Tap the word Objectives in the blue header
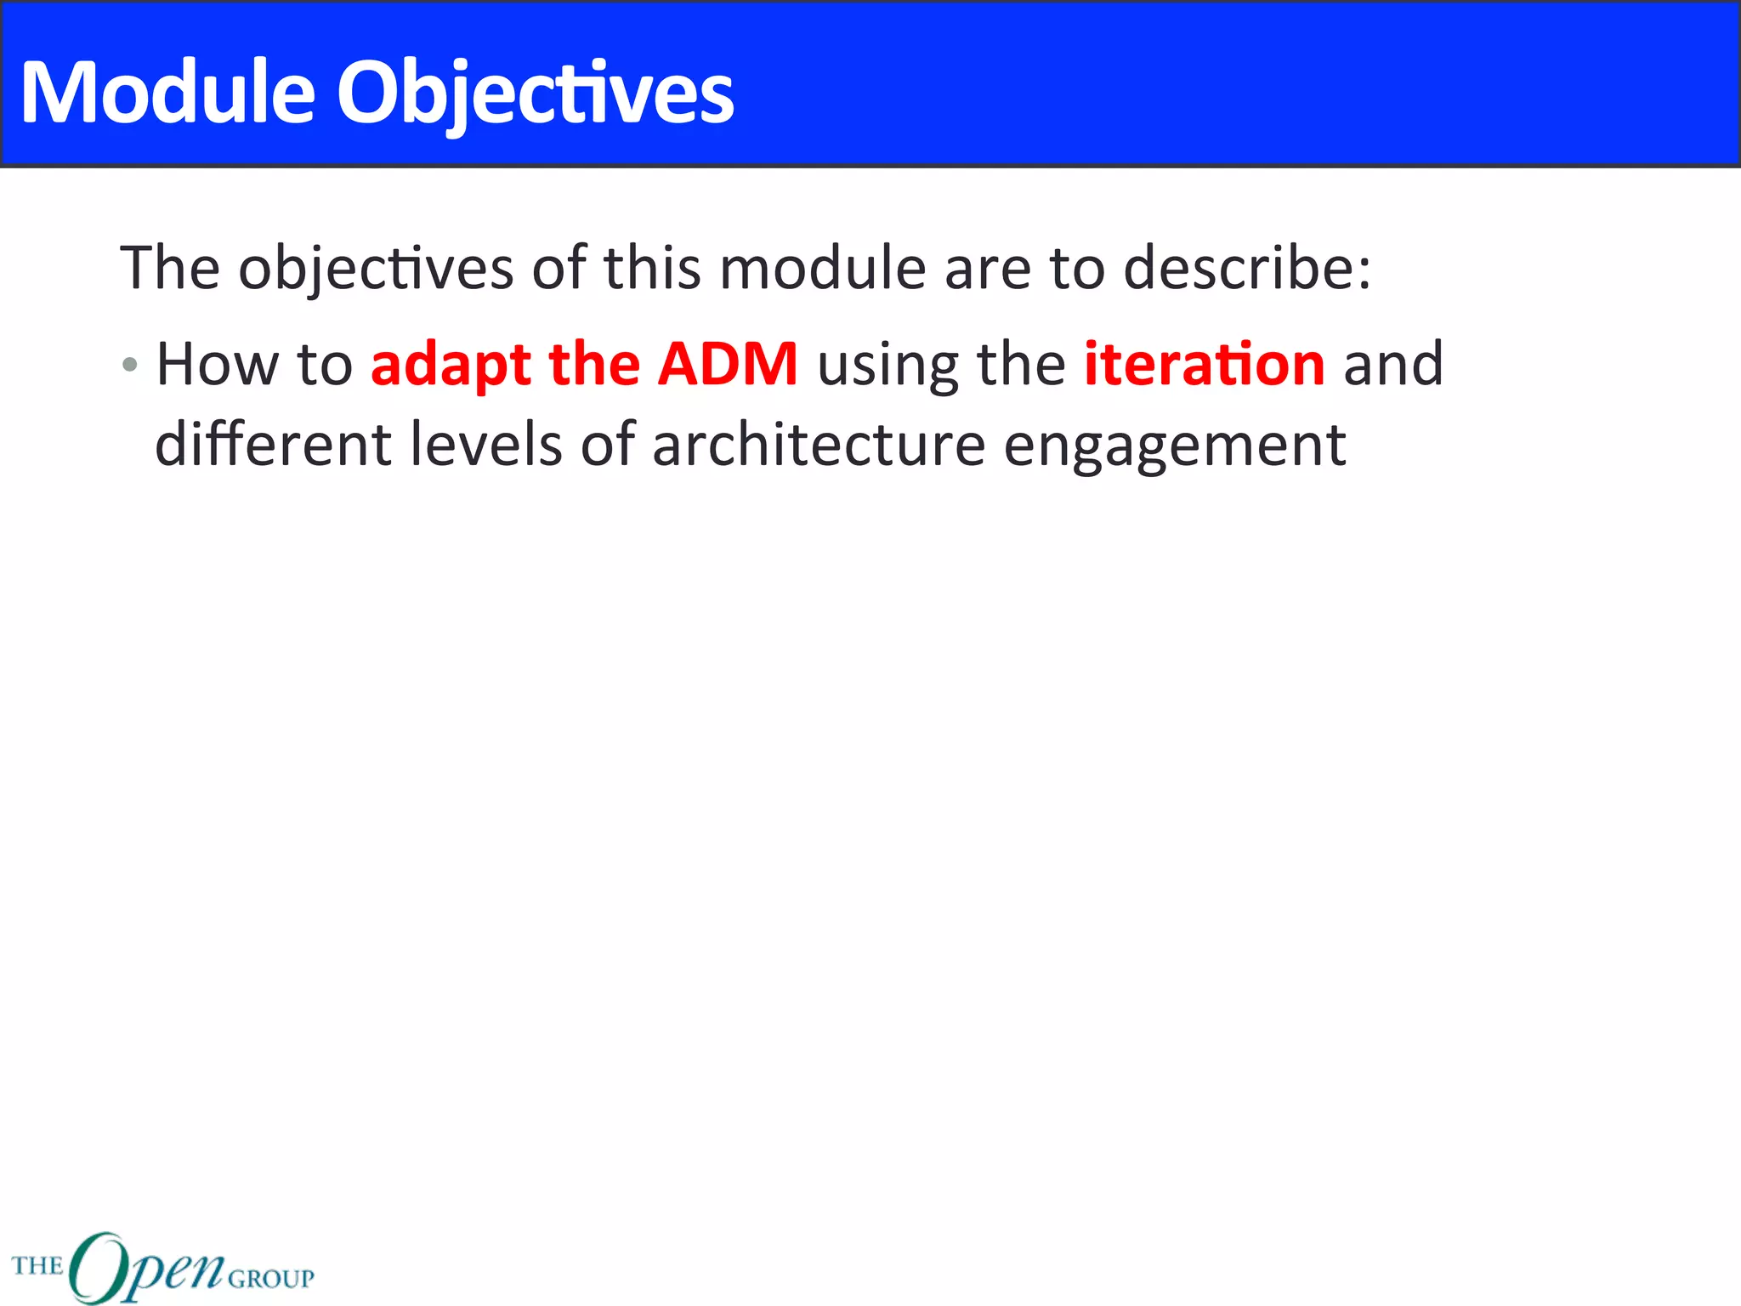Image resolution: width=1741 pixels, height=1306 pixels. pyautogui.click(x=536, y=94)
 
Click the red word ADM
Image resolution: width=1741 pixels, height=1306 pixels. pyautogui.click(x=728, y=364)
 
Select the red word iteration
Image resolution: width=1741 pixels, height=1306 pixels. pyautogui.click(x=1204, y=364)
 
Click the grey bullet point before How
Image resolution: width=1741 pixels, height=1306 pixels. pyautogui.click(x=129, y=366)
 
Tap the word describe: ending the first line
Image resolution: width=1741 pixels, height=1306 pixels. pyautogui.click(x=1247, y=269)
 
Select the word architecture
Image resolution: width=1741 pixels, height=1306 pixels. pyautogui.click(x=818, y=446)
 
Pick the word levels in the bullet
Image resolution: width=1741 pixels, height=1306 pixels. pyautogui.click(x=485, y=446)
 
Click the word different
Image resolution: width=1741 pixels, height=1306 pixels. pyautogui.click(x=272, y=446)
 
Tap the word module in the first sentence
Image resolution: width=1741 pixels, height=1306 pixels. pyautogui.click(x=822, y=269)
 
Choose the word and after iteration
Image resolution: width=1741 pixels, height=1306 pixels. pyautogui.click(x=1392, y=364)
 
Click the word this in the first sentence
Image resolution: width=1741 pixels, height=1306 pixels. pyautogui.click(x=652, y=269)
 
